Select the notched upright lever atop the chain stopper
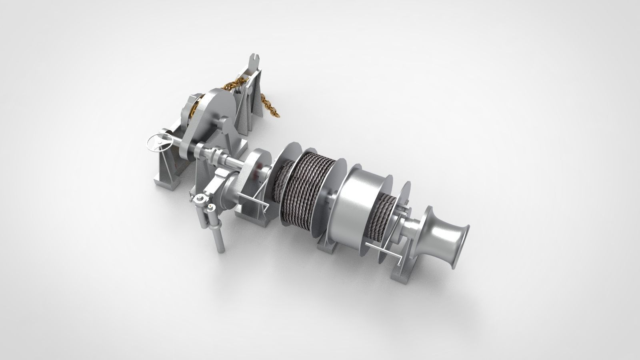tap(254, 64)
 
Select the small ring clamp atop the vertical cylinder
tap(199, 199)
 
